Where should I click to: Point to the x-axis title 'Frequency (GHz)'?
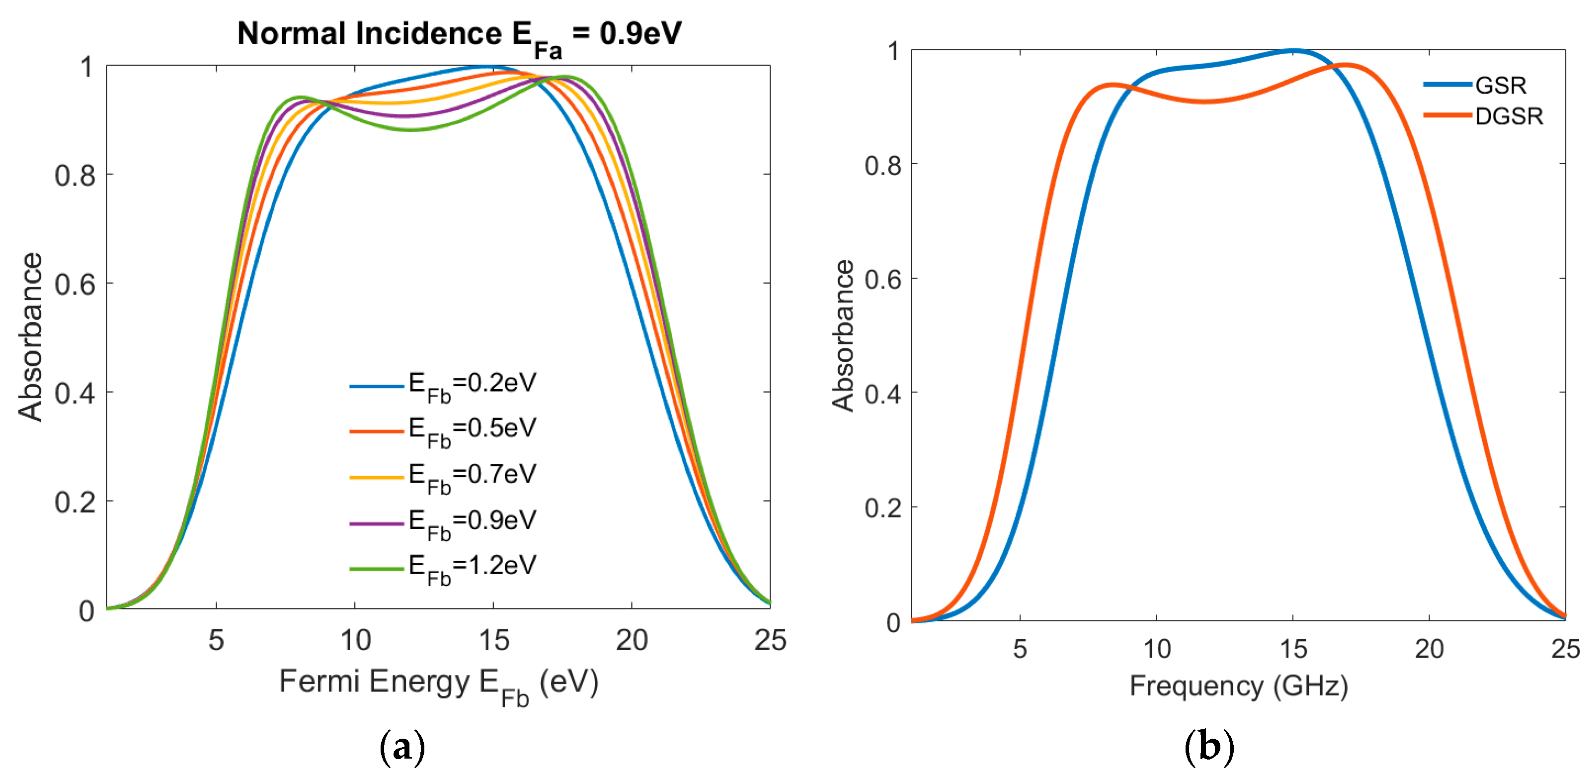tap(1239, 686)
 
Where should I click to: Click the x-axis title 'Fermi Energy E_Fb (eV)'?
tap(438, 684)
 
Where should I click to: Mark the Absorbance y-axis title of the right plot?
tap(842, 336)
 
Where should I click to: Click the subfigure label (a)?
tap(402, 747)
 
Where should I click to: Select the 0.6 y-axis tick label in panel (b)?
tap(882, 279)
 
